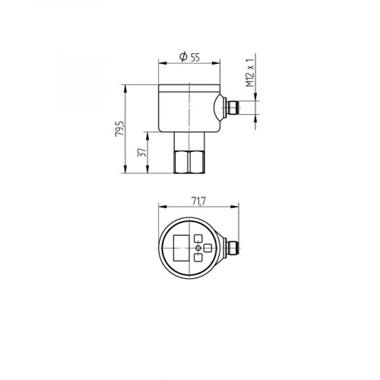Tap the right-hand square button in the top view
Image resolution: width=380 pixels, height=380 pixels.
pyautogui.click(x=209, y=248)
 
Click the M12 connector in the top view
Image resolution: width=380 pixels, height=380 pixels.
pyautogui.click(x=234, y=248)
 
